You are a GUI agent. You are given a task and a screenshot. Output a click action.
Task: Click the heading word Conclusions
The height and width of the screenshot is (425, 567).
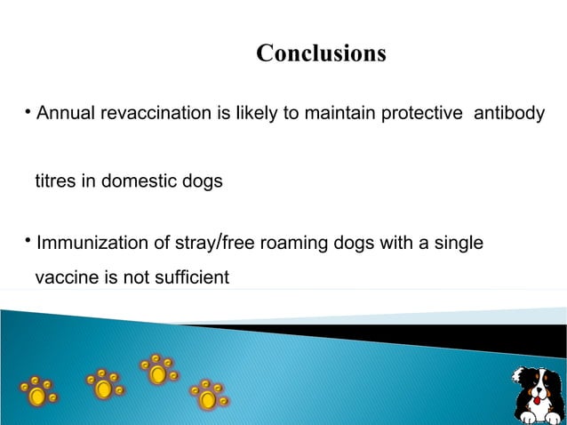pyautogui.click(x=321, y=54)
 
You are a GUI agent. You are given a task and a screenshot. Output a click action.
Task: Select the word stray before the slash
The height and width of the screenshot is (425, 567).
pyautogui.click(x=194, y=242)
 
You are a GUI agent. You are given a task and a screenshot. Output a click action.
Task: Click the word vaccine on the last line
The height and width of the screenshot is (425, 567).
pyautogui.click(x=66, y=278)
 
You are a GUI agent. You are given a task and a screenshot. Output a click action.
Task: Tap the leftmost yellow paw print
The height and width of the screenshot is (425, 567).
pyautogui.click(x=38, y=390)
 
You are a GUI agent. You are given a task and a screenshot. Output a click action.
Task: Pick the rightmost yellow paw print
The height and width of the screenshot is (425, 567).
pyautogui.click(x=209, y=394)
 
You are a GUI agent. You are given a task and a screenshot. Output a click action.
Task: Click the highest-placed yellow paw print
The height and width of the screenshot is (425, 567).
pyautogui.click(x=157, y=369)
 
